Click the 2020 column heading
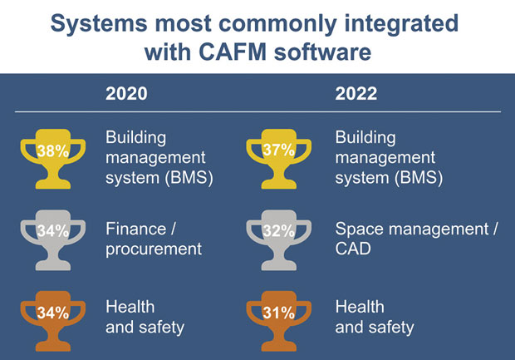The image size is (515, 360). [x=126, y=94]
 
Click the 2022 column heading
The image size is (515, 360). [x=356, y=94]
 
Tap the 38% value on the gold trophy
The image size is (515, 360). [x=53, y=151]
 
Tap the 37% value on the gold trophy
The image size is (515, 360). [x=278, y=150]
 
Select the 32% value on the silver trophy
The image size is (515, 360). [x=278, y=231]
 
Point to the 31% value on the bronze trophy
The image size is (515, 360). [x=278, y=313]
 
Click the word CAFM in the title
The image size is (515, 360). [x=233, y=52]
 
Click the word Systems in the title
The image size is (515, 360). [x=99, y=24]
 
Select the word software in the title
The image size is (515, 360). [x=322, y=52]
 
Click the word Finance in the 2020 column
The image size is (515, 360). [x=135, y=229]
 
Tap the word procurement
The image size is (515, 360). [x=154, y=249]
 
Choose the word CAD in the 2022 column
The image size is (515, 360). [x=353, y=249]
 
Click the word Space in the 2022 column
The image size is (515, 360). [x=359, y=229]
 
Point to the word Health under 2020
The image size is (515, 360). [x=130, y=307]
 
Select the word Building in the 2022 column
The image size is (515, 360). [x=365, y=138]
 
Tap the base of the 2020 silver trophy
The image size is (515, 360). [x=53, y=265]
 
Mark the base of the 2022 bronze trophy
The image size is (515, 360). [x=279, y=346]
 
